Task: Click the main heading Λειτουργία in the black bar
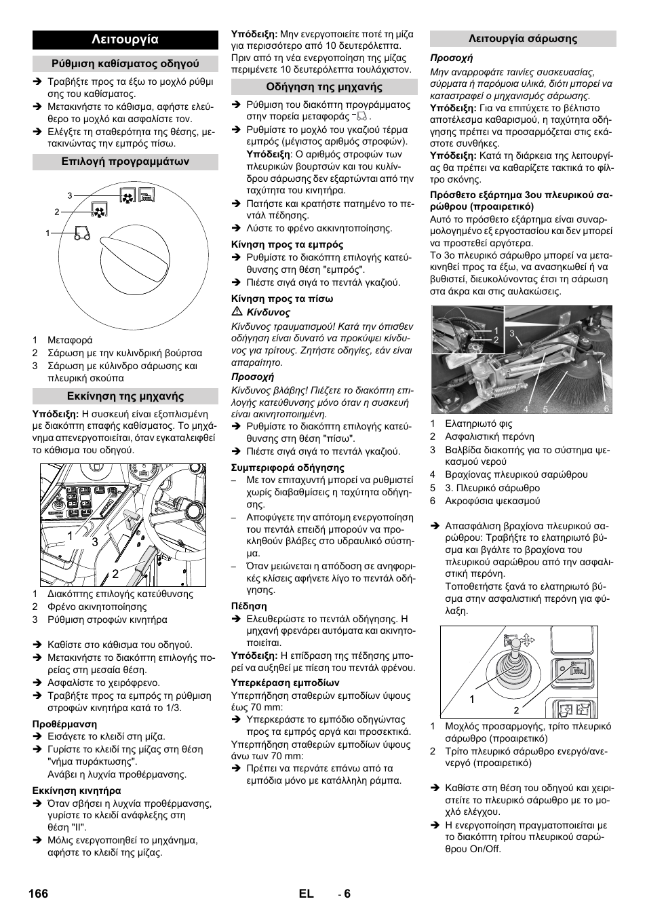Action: pyautogui.click(x=125, y=40)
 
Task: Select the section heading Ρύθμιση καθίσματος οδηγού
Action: pyautogui.click(x=125, y=64)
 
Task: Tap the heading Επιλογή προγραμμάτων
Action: pyautogui.click(x=125, y=161)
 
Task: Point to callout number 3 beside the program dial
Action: pyautogui.click(x=69, y=195)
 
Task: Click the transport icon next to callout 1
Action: pyautogui.click(x=82, y=234)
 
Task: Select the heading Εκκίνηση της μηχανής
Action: pyautogui.click(x=125, y=396)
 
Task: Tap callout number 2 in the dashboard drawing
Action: pyautogui.click(x=115, y=574)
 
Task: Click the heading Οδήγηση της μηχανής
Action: pyautogui.click(x=324, y=87)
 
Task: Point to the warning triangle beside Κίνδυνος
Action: pyautogui.click(x=237, y=312)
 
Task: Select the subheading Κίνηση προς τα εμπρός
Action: pyautogui.click(x=288, y=244)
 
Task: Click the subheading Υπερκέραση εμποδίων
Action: pyautogui.click(x=285, y=683)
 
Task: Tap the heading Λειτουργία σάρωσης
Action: pyautogui.click(x=523, y=39)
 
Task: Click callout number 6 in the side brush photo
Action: pyautogui.click(x=606, y=408)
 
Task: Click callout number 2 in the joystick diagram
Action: pyautogui.click(x=516, y=710)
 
